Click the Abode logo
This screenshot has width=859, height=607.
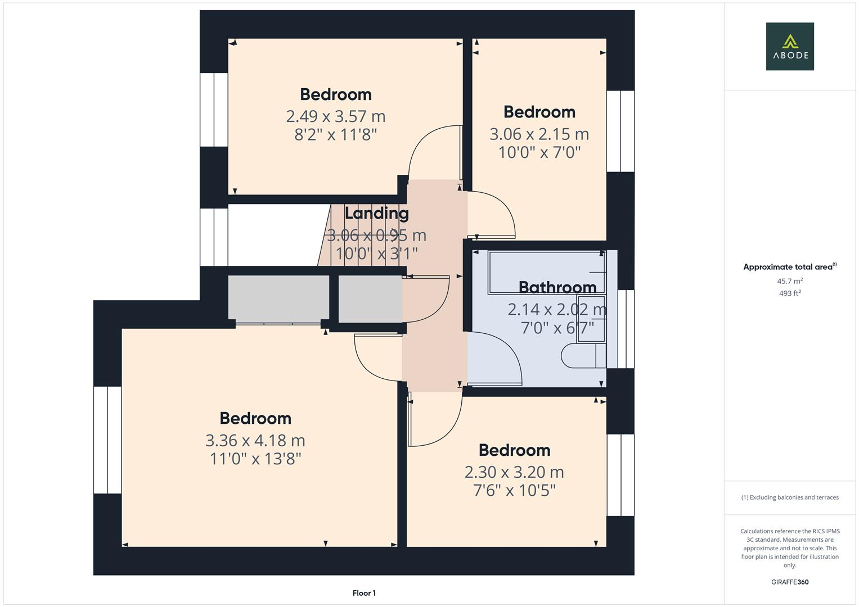tap(789, 46)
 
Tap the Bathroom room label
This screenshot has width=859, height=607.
tap(557, 287)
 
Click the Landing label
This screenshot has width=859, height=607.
tap(376, 213)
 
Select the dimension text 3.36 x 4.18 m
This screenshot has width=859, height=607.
tap(255, 440)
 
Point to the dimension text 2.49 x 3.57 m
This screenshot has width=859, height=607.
tap(335, 116)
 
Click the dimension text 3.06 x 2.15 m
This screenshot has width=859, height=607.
tap(539, 134)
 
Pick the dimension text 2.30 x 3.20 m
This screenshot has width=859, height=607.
tap(514, 472)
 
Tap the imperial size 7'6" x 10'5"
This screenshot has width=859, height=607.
tap(514, 491)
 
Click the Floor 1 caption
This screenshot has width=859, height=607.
tap(364, 593)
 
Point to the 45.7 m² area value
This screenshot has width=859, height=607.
tap(789, 281)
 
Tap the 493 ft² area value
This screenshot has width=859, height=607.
tap(789, 293)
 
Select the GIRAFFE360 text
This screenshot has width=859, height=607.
tap(789, 582)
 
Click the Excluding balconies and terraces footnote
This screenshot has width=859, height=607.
tap(789, 497)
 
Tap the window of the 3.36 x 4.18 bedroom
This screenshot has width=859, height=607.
tap(107, 440)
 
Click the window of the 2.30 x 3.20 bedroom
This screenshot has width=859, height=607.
tap(620, 474)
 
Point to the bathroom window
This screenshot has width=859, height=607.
tap(626, 329)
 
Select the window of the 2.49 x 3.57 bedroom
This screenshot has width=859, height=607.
tap(214, 110)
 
